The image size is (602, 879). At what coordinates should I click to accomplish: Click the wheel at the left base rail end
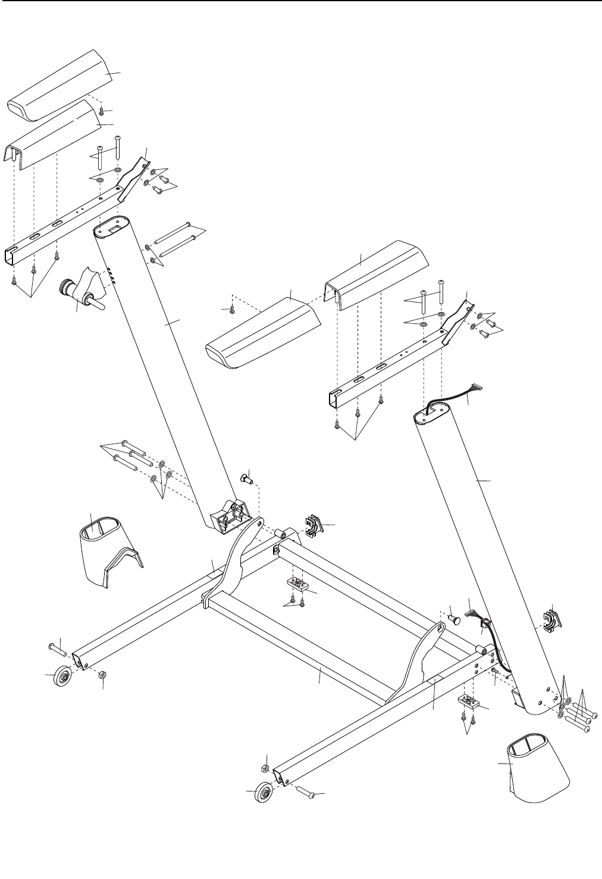point(61,677)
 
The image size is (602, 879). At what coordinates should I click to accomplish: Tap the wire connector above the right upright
point(475,387)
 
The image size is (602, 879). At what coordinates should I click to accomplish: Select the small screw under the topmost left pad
point(102,110)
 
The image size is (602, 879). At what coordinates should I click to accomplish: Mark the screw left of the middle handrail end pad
point(232,309)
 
